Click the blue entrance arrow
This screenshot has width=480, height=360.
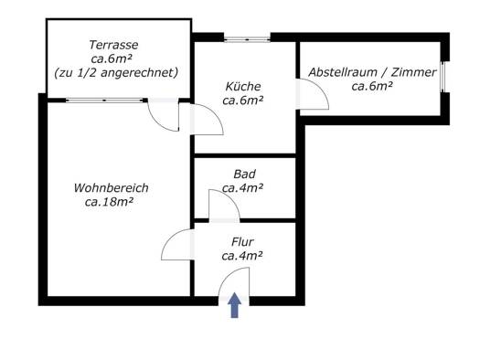(x=234, y=305)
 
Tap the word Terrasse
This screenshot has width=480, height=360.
(x=113, y=45)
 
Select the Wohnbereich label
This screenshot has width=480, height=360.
(x=112, y=188)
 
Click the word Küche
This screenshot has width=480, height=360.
(x=243, y=86)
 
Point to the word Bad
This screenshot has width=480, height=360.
(x=245, y=174)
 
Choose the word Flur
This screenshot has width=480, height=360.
(x=242, y=242)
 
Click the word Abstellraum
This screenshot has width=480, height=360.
(x=343, y=72)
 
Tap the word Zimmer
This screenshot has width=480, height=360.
(x=414, y=72)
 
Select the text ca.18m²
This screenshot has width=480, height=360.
(x=109, y=202)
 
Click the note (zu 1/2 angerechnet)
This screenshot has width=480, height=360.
(x=116, y=73)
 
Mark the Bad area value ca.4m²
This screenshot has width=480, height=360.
(x=243, y=188)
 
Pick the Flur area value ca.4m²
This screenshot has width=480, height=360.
(x=242, y=256)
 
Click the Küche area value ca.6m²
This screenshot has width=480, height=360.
(x=243, y=101)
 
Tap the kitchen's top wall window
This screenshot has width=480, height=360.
(x=247, y=39)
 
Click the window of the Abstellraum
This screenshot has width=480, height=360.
(x=443, y=77)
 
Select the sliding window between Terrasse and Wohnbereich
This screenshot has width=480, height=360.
(x=104, y=100)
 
